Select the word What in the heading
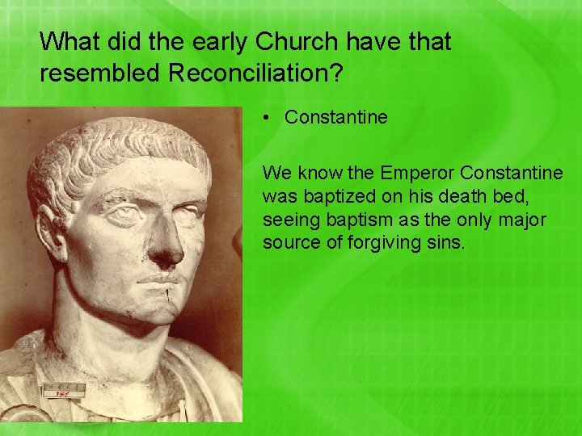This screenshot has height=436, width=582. [67, 41]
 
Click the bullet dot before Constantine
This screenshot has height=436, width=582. [267, 118]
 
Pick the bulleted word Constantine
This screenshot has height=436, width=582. [336, 118]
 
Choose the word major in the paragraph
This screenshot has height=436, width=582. [523, 219]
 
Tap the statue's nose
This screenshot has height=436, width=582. [167, 242]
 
